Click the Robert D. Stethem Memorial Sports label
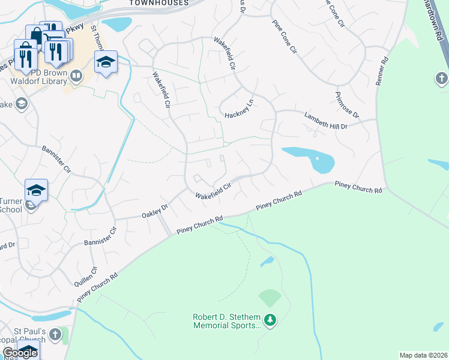tap(227, 321)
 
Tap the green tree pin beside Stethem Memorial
tap(270, 320)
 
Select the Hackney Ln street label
tap(240, 109)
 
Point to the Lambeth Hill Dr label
tap(326, 121)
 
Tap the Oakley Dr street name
tap(155, 211)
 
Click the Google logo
tap(20, 353)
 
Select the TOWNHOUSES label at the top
tap(159, 3)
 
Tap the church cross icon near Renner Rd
tap(441, 79)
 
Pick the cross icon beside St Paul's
tap(55, 334)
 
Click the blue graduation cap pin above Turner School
tap(36, 190)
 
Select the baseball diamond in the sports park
tap(270, 297)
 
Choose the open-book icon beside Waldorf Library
tap(76, 76)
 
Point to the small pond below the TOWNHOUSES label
tap(117, 24)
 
